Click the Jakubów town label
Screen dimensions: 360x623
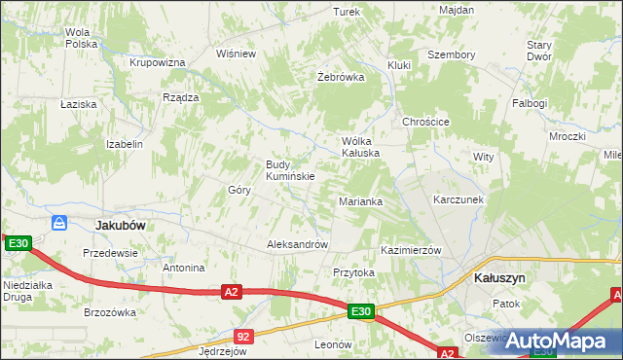[x=121, y=225]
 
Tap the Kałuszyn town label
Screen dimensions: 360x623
[x=499, y=277]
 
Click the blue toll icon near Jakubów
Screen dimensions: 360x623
[x=59, y=223]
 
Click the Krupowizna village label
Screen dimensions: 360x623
[x=158, y=62]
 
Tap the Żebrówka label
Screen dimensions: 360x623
[x=341, y=76]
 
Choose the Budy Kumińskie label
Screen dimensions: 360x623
[x=290, y=170]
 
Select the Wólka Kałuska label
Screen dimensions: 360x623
[x=359, y=147]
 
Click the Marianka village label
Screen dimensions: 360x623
[x=360, y=201]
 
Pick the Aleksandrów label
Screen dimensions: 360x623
[x=298, y=244]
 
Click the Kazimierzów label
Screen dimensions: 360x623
[x=412, y=250]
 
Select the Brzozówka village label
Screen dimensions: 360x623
[x=110, y=312]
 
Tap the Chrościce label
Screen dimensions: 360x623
[x=425, y=122]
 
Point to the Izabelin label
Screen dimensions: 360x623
[x=125, y=144]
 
